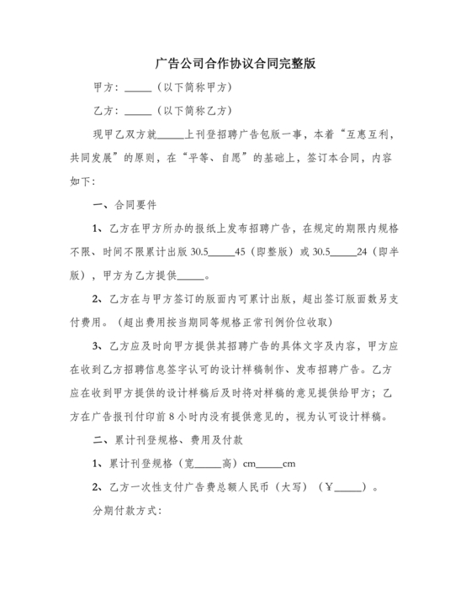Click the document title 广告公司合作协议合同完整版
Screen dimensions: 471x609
coord(235,64)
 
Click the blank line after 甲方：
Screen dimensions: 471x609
coord(138,87)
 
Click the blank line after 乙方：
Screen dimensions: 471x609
coord(138,110)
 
